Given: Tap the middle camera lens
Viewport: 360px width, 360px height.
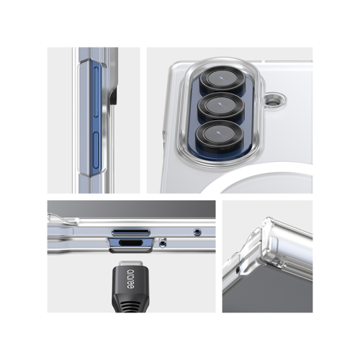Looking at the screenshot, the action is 220,106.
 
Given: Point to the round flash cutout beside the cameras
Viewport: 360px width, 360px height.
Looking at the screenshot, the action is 274,100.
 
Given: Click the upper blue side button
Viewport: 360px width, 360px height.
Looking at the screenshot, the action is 96,92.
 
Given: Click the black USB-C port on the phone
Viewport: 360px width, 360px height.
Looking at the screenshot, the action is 131,243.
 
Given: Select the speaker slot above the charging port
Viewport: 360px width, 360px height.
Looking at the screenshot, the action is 131,231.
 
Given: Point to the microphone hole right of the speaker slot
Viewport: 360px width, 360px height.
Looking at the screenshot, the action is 197,231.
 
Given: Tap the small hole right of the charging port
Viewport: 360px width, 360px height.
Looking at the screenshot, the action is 163,243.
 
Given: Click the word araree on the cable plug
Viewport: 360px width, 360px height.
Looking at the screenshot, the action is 131,279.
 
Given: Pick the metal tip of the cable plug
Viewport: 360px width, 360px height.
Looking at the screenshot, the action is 130,264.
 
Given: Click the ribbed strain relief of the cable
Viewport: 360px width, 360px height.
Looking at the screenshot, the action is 130,304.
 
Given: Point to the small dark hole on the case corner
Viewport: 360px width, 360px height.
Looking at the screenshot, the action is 238,270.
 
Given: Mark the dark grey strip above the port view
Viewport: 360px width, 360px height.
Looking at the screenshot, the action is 131,209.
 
